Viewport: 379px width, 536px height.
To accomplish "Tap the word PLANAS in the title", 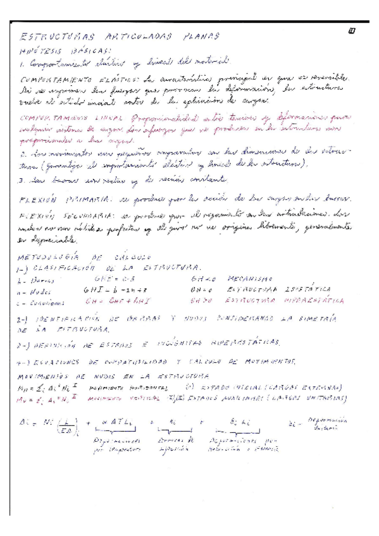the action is coord(196,37).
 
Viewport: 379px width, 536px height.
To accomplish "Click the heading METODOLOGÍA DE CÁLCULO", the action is coord(89,257).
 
